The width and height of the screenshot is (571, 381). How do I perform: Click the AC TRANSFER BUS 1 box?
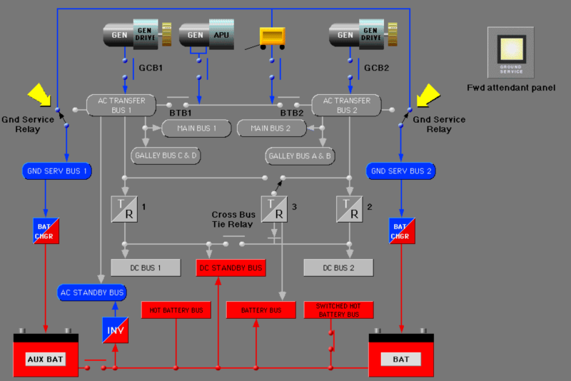click(x=121, y=105)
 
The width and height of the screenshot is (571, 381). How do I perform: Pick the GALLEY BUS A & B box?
click(x=300, y=155)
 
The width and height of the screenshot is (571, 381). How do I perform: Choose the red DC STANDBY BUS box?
click(x=231, y=268)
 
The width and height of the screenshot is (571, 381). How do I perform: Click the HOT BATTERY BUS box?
click(x=176, y=310)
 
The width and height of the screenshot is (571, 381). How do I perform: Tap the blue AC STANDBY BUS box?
click(x=92, y=293)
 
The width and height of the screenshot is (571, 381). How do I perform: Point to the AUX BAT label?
click(x=46, y=359)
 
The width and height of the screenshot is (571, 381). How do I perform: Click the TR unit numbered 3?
click(x=273, y=208)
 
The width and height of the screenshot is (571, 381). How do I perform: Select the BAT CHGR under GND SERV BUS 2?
click(x=401, y=230)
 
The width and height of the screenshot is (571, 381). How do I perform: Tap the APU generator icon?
click(x=206, y=35)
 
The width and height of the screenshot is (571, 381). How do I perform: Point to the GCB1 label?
click(x=151, y=68)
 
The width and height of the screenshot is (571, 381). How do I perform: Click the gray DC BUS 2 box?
click(x=338, y=268)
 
